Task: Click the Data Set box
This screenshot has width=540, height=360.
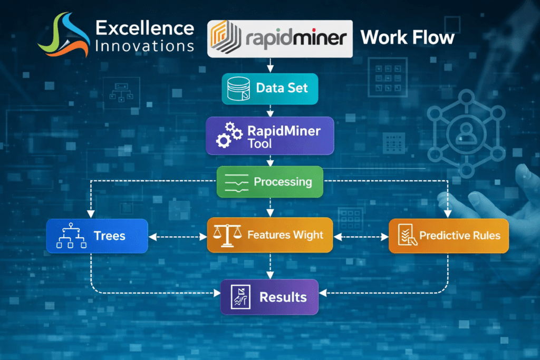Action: point(271,88)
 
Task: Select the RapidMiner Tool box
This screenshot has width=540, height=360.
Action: point(269,135)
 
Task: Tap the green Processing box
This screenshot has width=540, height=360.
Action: point(270,182)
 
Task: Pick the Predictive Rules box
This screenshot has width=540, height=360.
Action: point(448,235)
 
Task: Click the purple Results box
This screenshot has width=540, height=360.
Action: point(269,297)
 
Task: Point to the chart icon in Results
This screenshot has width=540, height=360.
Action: point(240,297)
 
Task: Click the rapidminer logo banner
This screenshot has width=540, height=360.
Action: point(279,38)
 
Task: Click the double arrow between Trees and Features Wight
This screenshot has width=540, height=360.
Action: point(178,237)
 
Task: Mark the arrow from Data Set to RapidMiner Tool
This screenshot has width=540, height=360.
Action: point(271,110)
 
